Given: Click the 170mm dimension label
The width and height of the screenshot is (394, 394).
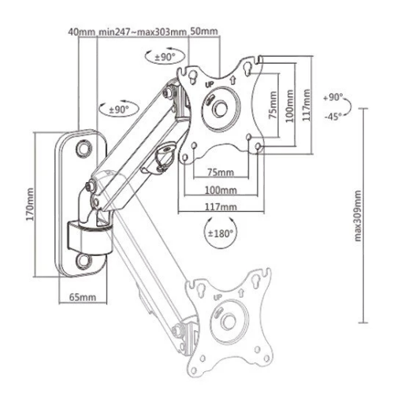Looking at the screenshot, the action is point(31,204).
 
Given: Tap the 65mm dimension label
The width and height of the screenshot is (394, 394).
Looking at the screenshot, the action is point(83,297).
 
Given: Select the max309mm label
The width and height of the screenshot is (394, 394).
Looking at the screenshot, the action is point(358,216).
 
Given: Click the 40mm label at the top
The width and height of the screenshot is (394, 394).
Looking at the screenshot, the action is point(81,32).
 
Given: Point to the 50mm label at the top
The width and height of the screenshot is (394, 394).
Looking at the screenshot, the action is point(204,32).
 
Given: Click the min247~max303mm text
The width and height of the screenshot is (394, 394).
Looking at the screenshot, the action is point(142,32).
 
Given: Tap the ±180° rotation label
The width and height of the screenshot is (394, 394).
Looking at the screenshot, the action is point(221,233).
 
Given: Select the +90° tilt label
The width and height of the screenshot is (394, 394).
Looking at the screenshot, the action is point(333,98).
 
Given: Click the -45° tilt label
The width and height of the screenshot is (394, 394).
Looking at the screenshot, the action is point(333,116).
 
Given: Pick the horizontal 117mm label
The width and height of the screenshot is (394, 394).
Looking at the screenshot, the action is point(221,207).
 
